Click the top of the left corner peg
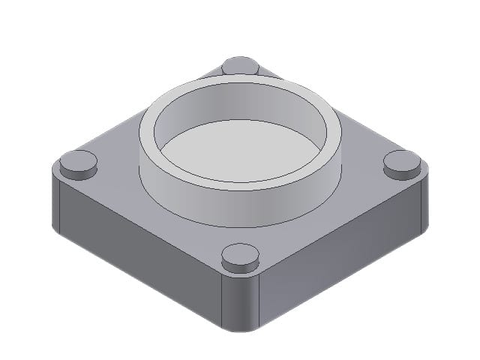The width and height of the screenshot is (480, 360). click(x=78, y=159)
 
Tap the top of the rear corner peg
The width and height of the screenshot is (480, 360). click(x=240, y=64)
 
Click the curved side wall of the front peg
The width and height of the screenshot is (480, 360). click(x=240, y=265)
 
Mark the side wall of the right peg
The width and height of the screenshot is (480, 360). click(x=402, y=172)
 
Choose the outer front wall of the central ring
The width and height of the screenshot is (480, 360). click(x=240, y=206)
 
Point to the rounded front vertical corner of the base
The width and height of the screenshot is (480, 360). click(x=240, y=304)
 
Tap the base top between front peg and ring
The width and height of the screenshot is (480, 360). click(x=240, y=235)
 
